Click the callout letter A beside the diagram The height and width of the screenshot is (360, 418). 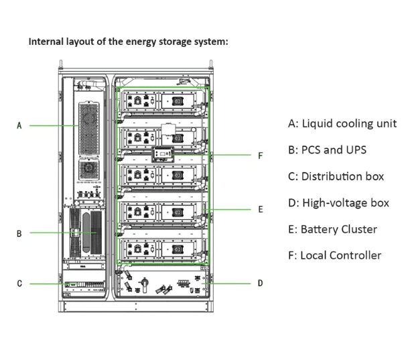click(19, 125)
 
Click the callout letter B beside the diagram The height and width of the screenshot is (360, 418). click(19, 233)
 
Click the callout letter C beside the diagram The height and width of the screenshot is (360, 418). click(19, 284)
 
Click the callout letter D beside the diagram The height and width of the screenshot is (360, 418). click(261, 284)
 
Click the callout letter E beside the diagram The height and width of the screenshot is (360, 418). click(261, 210)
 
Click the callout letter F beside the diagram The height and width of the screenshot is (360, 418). click(261, 155)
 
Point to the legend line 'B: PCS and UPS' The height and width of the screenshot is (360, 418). click(327, 149)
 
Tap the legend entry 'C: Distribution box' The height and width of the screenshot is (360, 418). click(336, 176)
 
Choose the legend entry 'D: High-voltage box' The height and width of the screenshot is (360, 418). click(338, 202)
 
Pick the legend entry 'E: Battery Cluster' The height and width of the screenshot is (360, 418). click(332, 229)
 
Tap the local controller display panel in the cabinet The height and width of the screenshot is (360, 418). click(163, 156)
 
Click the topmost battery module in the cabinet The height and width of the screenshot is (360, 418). click(161, 101)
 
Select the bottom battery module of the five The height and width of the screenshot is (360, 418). click(161, 249)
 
